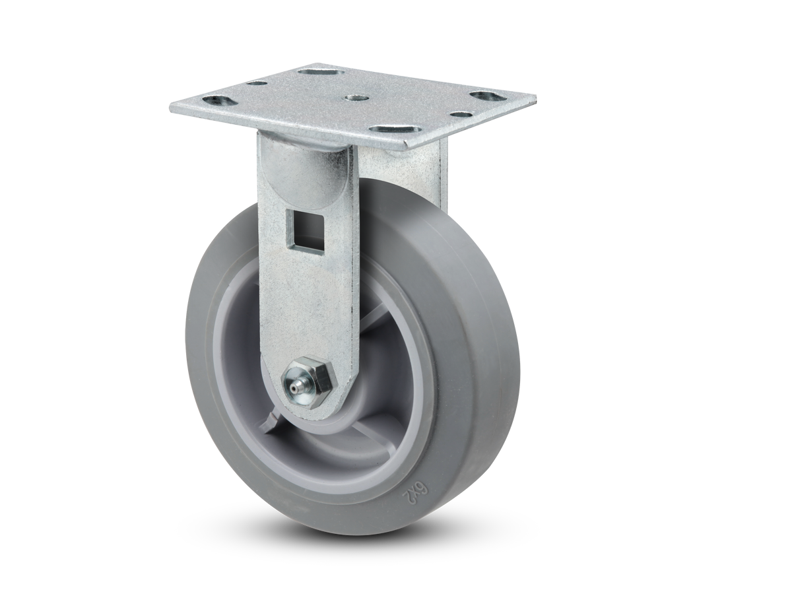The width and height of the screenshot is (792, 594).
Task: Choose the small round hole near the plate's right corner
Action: [464, 114]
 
